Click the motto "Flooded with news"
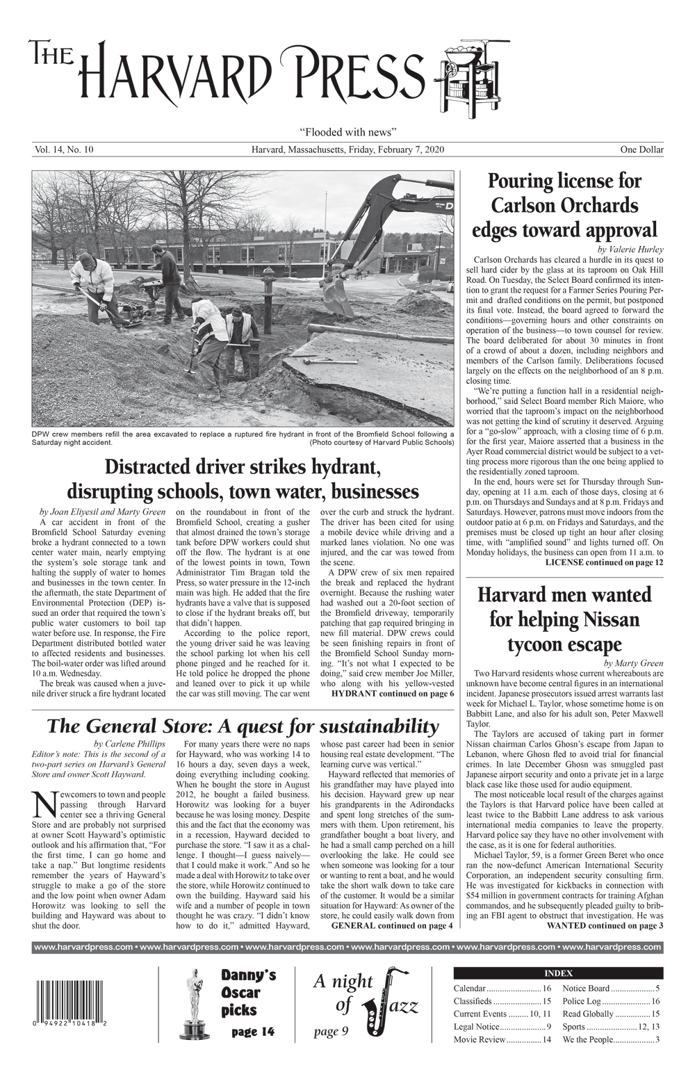click(347, 131)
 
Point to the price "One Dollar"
click(642, 149)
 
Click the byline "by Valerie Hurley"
click(630, 250)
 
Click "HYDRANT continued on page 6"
click(393, 693)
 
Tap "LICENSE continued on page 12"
click(604, 562)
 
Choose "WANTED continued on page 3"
click(605, 925)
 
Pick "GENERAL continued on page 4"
click(392, 925)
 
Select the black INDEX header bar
click(558, 973)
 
